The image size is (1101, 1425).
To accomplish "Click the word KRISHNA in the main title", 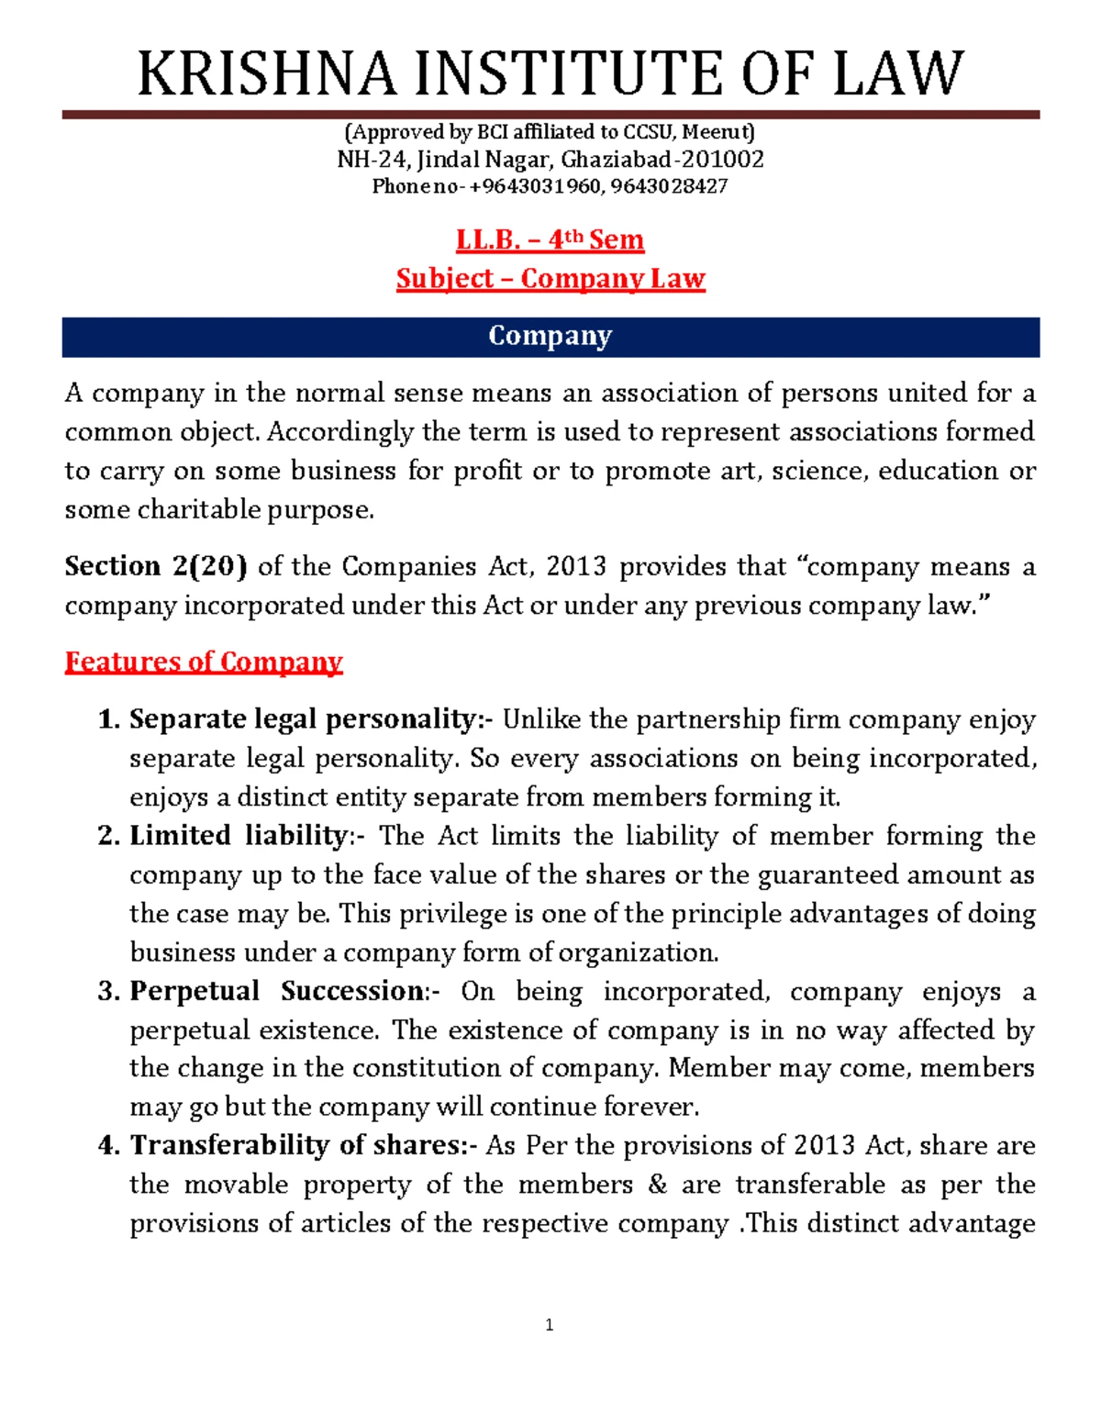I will click(266, 75).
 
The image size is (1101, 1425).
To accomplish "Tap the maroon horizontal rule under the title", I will click(550, 115).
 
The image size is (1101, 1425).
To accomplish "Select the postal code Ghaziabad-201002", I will click(662, 160).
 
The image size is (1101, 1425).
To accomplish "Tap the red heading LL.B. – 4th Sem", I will click(550, 240).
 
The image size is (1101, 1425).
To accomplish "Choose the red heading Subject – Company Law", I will click(550, 279).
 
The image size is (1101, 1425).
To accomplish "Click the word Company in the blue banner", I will click(550, 337).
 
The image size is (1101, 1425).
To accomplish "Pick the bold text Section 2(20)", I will click(155, 567).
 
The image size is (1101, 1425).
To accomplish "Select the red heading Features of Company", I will click(203, 662).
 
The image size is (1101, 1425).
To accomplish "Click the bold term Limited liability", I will click(239, 836).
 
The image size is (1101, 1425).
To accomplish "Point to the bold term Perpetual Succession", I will click(278, 992).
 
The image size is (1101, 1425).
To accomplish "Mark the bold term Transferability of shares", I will click(303, 1146).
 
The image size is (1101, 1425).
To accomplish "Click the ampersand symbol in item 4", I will click(657, 1186).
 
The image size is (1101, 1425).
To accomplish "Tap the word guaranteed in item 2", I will click(829, 875).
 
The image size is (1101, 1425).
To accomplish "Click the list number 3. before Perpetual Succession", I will click(109, 992).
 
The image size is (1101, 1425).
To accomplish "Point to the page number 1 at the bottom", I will click(549, 1325).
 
